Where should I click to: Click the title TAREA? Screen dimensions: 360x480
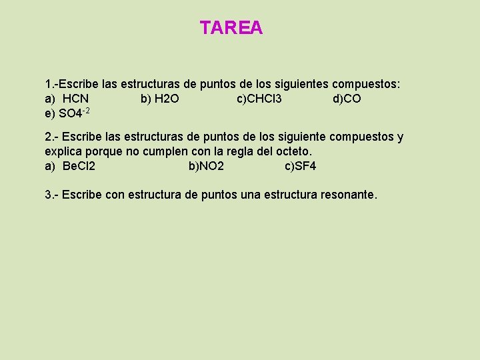(x=231, y=28)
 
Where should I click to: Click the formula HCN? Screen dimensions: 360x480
(x=75, y=99)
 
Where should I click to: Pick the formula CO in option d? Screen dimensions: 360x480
(x=353, y=99)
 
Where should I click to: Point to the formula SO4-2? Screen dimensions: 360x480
(x=74, y=113)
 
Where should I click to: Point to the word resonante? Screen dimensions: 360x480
(x=349, y=195)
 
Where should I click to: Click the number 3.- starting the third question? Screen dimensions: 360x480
(x=51, y=195)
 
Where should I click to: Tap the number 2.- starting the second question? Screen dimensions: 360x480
(x=51, y=137)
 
